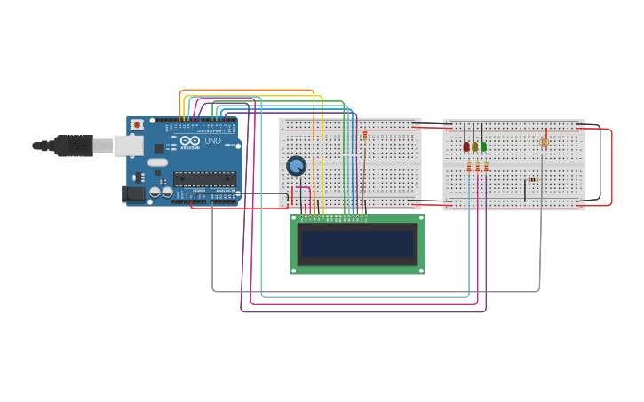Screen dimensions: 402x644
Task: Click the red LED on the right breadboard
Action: [465, 146]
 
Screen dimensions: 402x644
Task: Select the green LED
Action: [483, 146]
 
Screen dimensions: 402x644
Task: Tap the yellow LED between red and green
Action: [474, 146]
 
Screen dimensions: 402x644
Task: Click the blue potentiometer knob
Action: [296, 166]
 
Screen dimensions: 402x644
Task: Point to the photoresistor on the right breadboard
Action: [544, 142]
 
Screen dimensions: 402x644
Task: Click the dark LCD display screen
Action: [357, 244]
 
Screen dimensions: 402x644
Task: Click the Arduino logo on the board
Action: [190, 141]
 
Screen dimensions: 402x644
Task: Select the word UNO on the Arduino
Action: [213, 141]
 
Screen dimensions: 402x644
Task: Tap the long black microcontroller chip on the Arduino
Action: [204, 178]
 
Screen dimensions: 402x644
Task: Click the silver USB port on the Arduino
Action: [130, 145]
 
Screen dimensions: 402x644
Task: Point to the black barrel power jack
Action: [133, 193]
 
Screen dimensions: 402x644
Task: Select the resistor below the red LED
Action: [469, 167]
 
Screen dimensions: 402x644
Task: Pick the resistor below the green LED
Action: [486, 167]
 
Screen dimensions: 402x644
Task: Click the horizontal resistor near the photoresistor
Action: [533, 179]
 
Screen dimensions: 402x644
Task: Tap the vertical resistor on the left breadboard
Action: [364, 135]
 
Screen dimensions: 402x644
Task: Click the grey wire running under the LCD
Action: [373, 291]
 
